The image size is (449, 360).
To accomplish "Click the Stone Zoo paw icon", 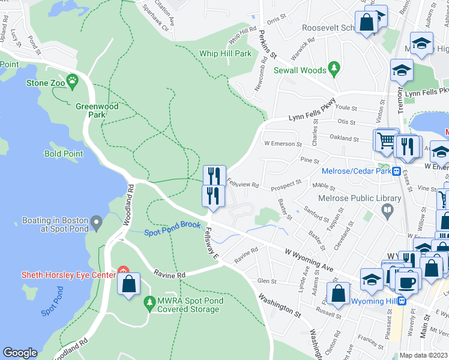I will coord(72,80).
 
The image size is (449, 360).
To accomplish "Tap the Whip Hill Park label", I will coord(225,53).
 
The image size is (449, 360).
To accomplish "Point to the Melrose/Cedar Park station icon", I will coord(397,171).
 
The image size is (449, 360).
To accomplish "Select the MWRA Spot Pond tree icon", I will coord(149,305).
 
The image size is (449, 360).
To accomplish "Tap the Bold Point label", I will coord(64,154).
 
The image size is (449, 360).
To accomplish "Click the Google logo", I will coord(20,353).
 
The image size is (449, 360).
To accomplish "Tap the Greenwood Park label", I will coord(90,110).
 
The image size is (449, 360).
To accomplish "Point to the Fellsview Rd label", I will coord(243,185).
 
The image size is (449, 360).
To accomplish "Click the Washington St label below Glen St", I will coord(280,305).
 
